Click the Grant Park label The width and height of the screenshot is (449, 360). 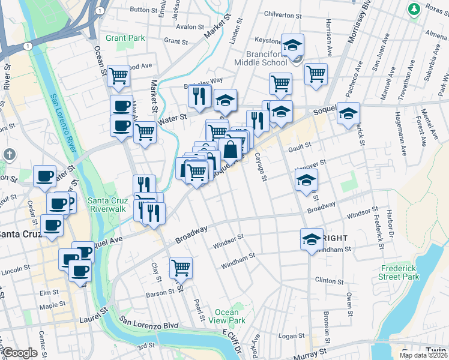[125, 38]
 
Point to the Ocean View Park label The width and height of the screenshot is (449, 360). [231, 316]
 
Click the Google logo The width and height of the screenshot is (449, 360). [20, 353]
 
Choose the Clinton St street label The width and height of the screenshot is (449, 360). [329, 280]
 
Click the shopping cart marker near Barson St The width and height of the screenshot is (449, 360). [181, 267]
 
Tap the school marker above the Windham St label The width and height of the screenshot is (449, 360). [312, 239]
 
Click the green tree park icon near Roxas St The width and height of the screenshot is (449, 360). [414, 9]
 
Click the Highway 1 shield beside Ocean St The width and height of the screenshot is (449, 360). [98, 11]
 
